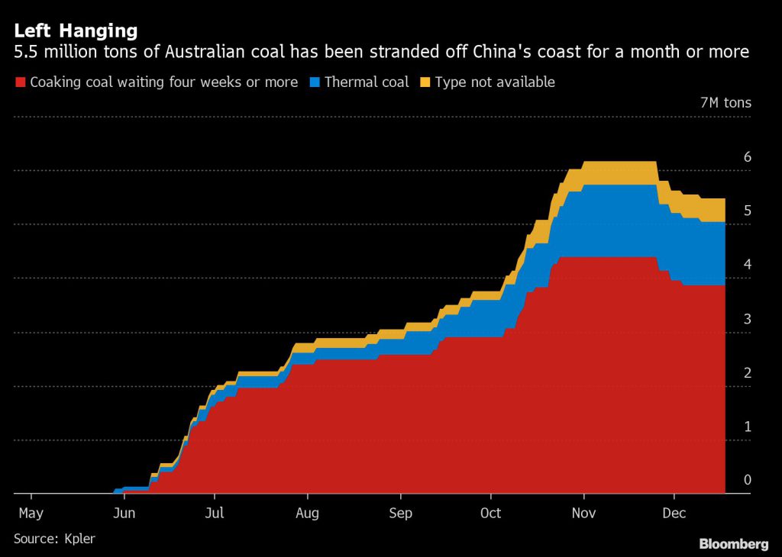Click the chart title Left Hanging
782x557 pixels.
coord(76,31)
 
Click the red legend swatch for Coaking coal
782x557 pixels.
coord(20,82)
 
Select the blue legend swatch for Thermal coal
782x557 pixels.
coord(315,82)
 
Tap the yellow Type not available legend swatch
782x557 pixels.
coord(425,82)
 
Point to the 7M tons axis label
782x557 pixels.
coord(725,103)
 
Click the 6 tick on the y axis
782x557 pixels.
coord(748,157)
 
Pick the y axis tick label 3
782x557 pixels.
coord(748,319)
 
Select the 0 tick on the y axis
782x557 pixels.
coord(748,480)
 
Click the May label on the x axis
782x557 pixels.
coord(31,514)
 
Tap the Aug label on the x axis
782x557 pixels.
coord(307,514)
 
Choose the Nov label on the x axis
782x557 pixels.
coord(583,514)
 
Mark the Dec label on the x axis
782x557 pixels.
coord(674,514)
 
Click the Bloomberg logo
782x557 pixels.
coord(733,544)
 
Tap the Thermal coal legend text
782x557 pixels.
coord(367,82)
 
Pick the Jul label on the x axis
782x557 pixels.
coord(216,514)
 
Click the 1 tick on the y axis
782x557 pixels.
coord(748,427)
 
